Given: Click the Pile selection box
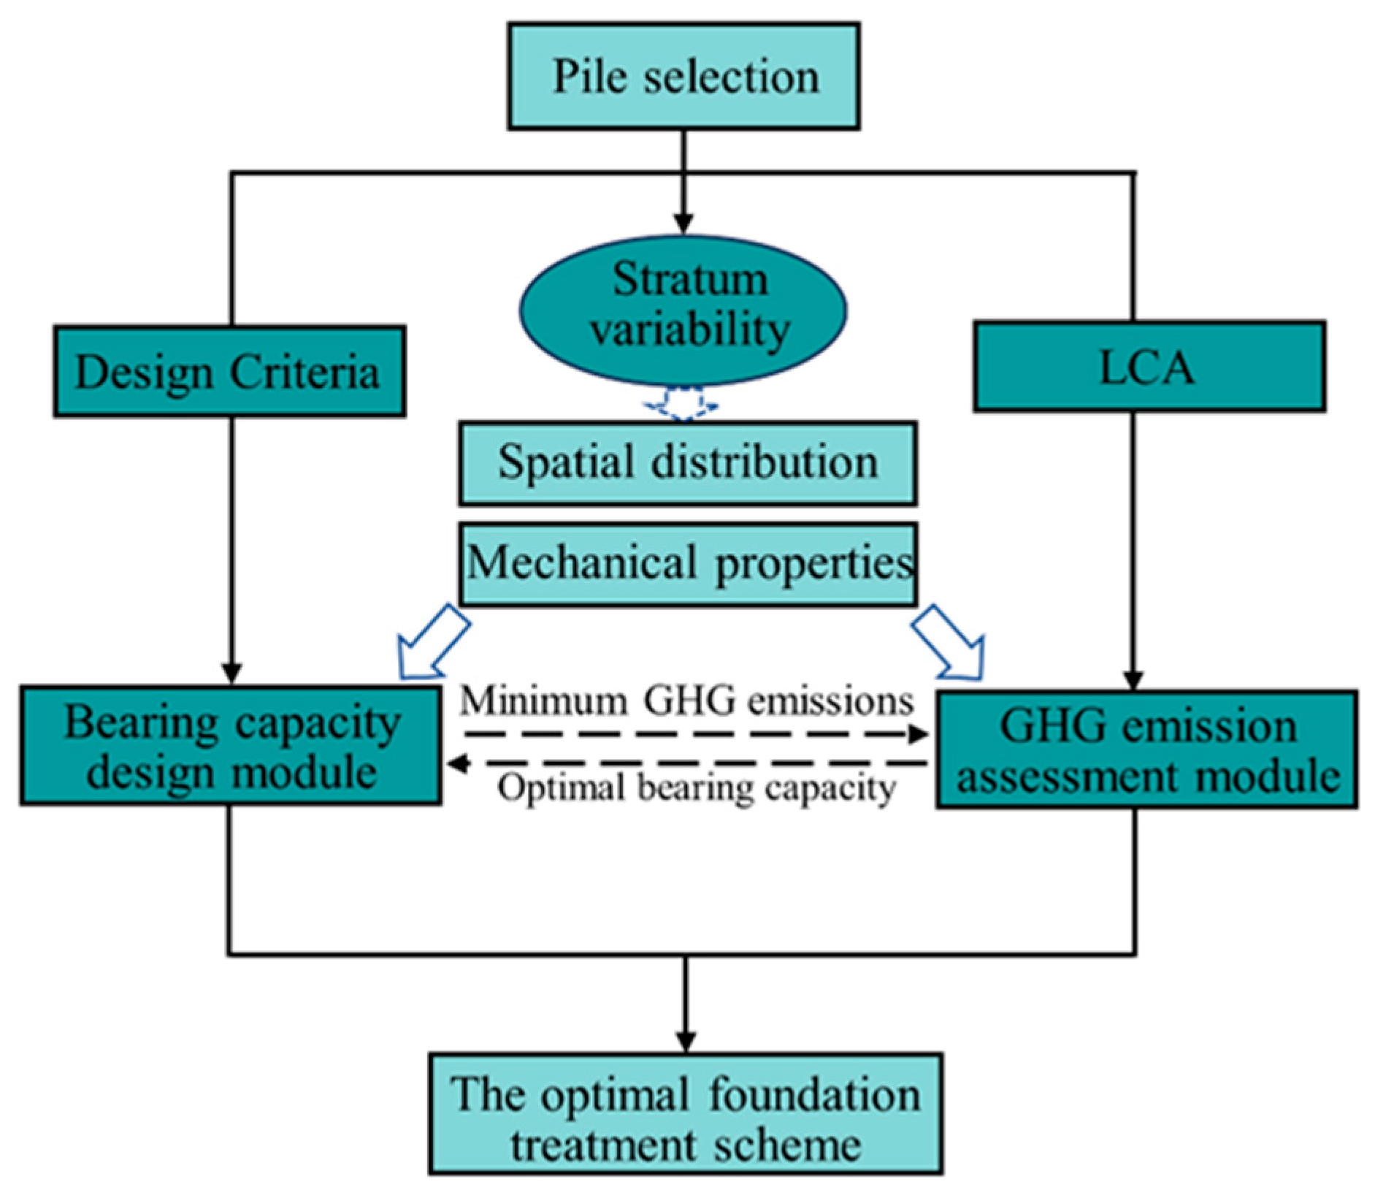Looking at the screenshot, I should [x=683, y=77].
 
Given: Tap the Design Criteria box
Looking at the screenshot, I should [x=229, y=372].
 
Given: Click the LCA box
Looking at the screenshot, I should [x=1149, y=367].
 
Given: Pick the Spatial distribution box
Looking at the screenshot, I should [x=687, y=463].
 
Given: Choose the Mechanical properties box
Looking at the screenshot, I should [x=689, y=564].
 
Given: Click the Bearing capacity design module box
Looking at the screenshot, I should [x=231, y=746].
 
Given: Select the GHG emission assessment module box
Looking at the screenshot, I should [x=1146, y=749].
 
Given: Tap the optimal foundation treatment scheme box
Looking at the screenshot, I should [x=685, y=1114].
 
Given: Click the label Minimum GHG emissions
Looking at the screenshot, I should [x=686, y=701].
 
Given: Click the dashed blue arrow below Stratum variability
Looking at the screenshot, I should [x=681, y=405].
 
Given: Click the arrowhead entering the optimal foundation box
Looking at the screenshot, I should [x=685, y=1040].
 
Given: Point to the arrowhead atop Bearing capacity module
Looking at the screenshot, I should [x=231, y=672].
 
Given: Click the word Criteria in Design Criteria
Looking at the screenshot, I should [x=305, y=373].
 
